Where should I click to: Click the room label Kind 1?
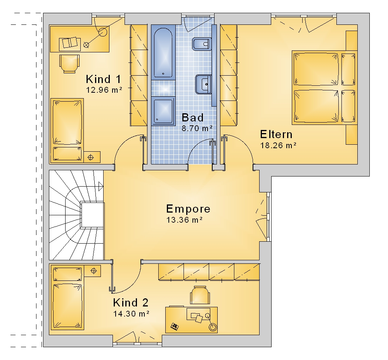pos(104,79)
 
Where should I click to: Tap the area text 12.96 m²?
pos(104,90)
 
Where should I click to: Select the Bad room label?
pos(192,118)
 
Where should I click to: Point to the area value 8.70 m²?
pos(197,128)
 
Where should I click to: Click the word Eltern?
pos(276,134)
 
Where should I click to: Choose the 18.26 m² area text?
pos(278,145)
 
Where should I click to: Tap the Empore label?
pos(188,209)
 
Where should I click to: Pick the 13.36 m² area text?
pos(184,220)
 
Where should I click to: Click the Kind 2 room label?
pos(131,303)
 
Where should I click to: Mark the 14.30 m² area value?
pos(131,314)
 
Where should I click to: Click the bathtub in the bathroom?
pos(163,53)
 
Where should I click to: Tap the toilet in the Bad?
pos(201,44)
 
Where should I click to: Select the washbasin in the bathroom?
pos(203,84)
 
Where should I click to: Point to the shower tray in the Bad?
pos(163,111)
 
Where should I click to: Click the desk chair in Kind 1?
pos(69,64)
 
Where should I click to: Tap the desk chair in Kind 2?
pos(200,295)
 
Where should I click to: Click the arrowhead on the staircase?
pos(101,186)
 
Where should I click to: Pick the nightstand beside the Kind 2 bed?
pos(92,271)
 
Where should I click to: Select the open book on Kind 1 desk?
pos(69,43)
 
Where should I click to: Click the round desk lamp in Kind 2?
pos(213,327)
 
